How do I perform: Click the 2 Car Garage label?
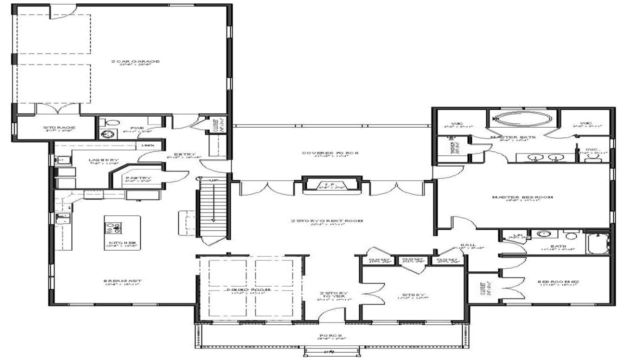[x=135, y=62]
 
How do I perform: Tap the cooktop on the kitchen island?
[x=113, y=228]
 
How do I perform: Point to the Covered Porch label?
[x=331, y=153]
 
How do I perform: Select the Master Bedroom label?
[x=523, y=197]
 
